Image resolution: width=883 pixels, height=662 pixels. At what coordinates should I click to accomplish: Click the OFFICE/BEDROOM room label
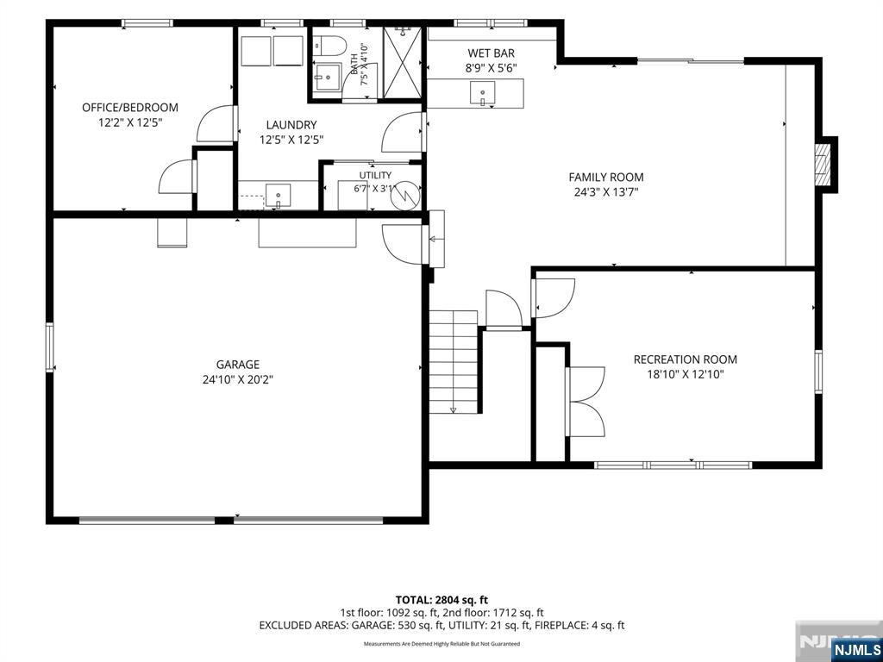pyautogui.click(x=130, y=108)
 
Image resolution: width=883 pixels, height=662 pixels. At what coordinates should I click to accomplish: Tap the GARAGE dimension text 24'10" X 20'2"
pyautogui.click(x=238, y=380)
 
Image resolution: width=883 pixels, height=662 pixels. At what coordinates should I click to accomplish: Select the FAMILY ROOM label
pyautogui.click(x=606, y=178)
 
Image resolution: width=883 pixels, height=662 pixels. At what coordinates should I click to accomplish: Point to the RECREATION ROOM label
pyautogui.click(x=685, y=359)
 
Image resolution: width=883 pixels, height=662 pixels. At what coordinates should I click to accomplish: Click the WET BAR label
pyautogui.click(x=491, y=53)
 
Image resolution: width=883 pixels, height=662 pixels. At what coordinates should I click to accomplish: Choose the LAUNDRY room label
pyautogui.click(x=291, y=125)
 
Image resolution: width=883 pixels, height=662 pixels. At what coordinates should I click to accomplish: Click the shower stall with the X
pyautogui.click(x=402, y=62)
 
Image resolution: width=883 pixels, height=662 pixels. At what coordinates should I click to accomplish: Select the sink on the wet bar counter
pyautogui.click(x=483, y=93)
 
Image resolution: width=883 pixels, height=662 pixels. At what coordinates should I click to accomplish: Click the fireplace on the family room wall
pyautogui.click(x=824, y=165)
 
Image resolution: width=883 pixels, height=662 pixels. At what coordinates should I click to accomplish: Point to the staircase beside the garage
pyautogui.click(x=454, y=361)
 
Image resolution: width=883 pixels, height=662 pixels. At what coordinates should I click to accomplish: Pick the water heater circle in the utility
pyautogui.click(x=407, y=195)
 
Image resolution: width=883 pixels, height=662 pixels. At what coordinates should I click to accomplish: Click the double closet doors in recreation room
pyautogui.click(x=586, y=402)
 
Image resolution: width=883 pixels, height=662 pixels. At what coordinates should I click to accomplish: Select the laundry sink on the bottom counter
pyautogui.click(x=279, y=196)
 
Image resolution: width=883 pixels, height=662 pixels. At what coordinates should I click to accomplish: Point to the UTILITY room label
pyautogui.click(x=375, y=175)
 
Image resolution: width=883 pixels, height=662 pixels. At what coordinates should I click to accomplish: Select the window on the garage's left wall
pyautogui.click(x=49, y=347)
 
